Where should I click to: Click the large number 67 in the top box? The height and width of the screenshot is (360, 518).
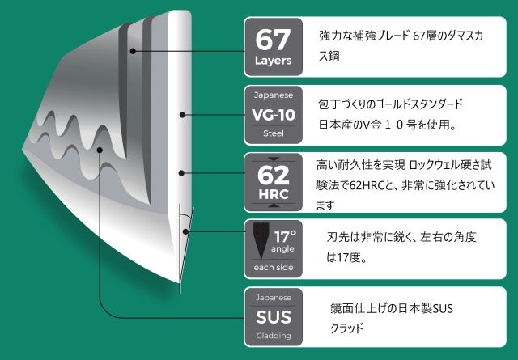pos(274,38)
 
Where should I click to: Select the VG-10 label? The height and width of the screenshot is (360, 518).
pos(274,114)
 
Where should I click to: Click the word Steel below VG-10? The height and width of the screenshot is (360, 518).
pos(274,135)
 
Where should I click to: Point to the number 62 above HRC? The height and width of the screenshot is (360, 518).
pos(274,176)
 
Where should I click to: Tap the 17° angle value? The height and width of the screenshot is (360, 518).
pos(285,238)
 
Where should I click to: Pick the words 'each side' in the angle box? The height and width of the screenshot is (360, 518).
pos(274,266)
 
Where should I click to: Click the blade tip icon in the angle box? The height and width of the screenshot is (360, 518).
pos(260,242)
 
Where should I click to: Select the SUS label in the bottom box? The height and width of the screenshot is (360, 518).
pos(274,316)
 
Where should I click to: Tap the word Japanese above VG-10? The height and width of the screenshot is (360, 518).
pos(274,94)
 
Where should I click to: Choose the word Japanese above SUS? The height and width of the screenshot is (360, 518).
pos(274,296)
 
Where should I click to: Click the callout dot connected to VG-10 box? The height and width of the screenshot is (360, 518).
pos(185,116)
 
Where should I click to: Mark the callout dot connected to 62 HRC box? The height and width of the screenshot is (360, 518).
pos(185,172)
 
